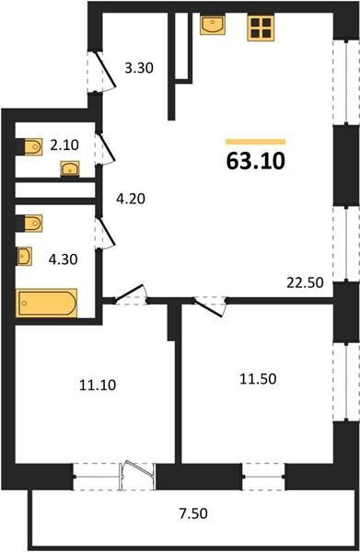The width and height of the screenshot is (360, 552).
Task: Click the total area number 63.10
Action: click(255, 162)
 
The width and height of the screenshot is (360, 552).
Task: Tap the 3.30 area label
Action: click(139, 67)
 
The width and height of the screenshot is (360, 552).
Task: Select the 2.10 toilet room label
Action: click(64, 144)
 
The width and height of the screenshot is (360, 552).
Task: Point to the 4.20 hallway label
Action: click(131, 199)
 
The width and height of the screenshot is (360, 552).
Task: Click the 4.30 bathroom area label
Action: click(63, 259)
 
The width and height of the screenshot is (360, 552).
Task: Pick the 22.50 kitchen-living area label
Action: click(305, 282)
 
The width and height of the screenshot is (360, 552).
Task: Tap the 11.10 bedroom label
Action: click(98, 385)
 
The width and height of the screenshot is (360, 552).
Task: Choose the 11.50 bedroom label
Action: click(258, 379)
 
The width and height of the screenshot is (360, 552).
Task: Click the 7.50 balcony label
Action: click(193, 513)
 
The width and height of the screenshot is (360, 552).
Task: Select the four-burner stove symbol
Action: click(261, 29)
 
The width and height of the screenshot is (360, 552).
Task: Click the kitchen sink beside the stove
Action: click(213, 25)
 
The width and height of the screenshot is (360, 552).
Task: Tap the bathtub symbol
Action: click(47, 303)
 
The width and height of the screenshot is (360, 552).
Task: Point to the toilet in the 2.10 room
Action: click(33, 147)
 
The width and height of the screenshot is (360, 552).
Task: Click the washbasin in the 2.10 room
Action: click(70, 168)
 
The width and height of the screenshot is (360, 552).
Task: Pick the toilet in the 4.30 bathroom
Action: click(33, 224)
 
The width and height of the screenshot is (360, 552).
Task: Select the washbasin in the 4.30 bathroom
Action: click(25, 256)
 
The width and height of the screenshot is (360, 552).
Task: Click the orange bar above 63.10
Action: click(255, 142)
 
